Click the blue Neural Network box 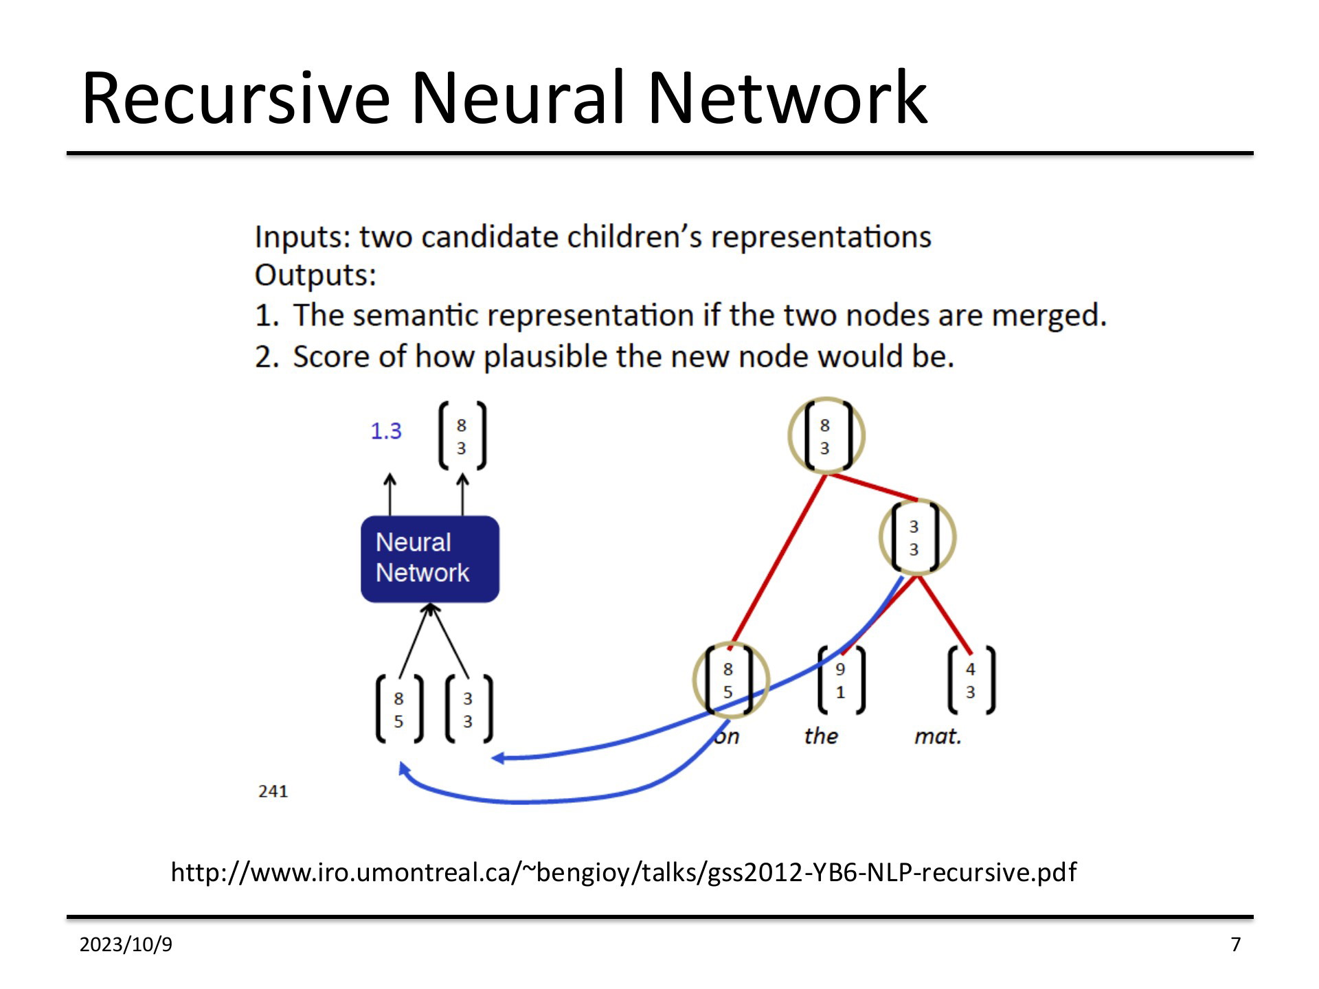click(430, 559)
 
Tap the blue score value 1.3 click(385, 431)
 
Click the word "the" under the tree click(821, 736)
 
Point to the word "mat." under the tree click(938, 736)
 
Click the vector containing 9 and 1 click(841, 681)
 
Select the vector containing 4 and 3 click(971, 681)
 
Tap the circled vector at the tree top click(826, 436)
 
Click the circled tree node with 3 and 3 click(917, 537)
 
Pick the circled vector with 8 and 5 click(730, 680)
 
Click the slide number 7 click(1236, 945)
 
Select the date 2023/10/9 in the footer click(126, 945)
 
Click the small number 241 click(273, 791)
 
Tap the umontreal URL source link click(623, 872)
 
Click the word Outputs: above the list click(315, 275)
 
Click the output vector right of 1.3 click(462, 436)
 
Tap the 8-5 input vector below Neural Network click(399, 709)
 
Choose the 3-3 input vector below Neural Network click(469, 709)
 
